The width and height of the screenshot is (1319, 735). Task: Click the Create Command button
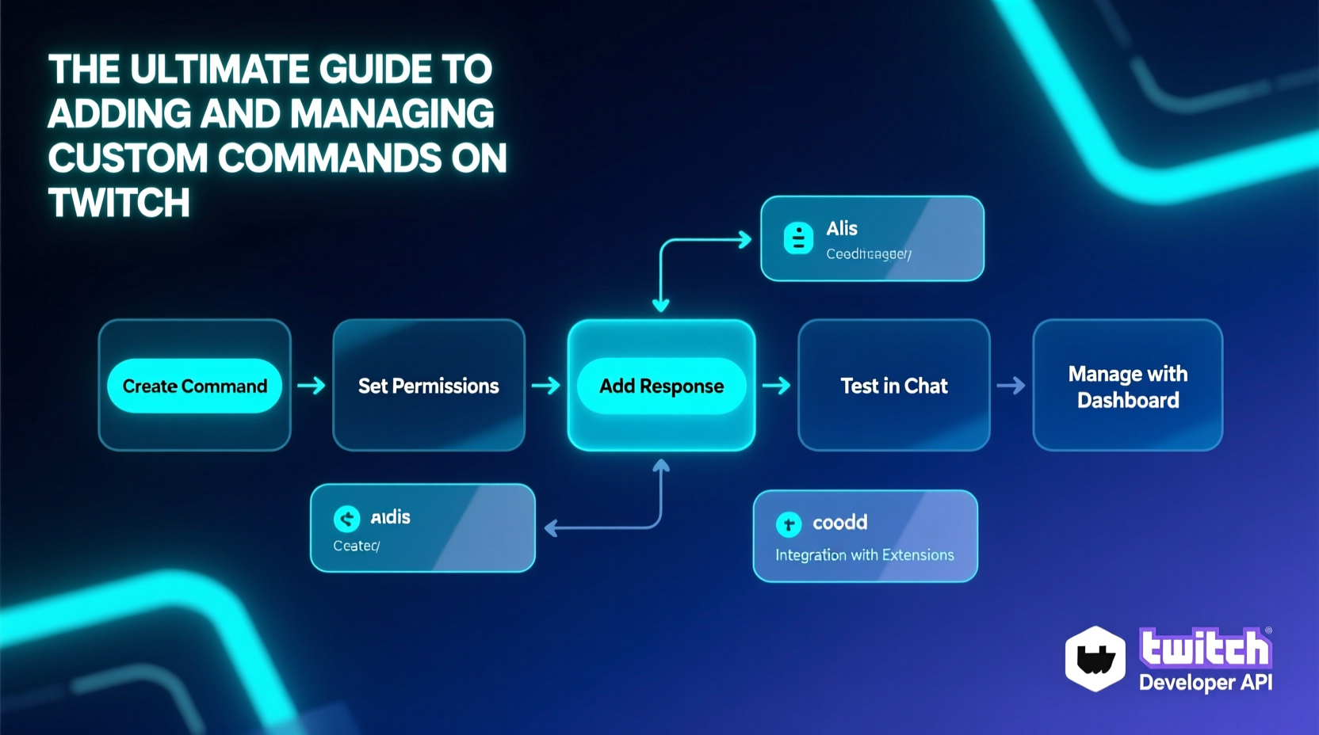point(194,386)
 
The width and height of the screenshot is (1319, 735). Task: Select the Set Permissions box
point(428,386)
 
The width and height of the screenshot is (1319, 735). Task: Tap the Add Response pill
point(661,386)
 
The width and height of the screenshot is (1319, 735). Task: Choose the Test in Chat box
point(893,386)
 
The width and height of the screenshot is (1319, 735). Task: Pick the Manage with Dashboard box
point(1127,386)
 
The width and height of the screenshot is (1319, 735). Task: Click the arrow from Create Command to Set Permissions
point(312,386)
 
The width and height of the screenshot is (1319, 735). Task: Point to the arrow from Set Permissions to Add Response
point(546,386)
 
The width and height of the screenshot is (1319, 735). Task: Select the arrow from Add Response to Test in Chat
point(777,386)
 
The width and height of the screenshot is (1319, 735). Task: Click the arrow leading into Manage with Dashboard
point(1011,386)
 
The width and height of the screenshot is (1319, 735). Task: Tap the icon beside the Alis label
point(798,238)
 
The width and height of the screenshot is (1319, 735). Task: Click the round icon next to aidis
point(346,519)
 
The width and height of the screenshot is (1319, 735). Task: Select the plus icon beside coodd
point(788,524)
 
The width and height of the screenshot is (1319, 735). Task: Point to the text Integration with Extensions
point(864,555)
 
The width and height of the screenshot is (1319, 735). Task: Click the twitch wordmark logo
point(1205,649)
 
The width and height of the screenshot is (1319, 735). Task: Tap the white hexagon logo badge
point(1095,658)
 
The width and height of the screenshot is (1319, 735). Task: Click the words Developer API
point(1205,683)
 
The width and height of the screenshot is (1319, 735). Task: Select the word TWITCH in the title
point(119,203)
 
